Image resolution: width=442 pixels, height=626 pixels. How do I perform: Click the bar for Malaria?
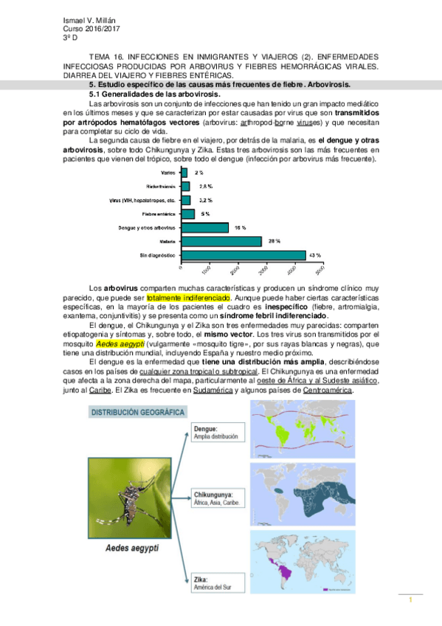221,241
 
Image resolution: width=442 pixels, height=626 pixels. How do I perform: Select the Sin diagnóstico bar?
243,255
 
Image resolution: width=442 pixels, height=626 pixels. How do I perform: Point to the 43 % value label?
315,255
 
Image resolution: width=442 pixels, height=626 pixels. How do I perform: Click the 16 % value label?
241,227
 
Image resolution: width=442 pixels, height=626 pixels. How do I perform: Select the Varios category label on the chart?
168,172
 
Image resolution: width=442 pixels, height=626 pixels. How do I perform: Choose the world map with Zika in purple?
304,563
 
